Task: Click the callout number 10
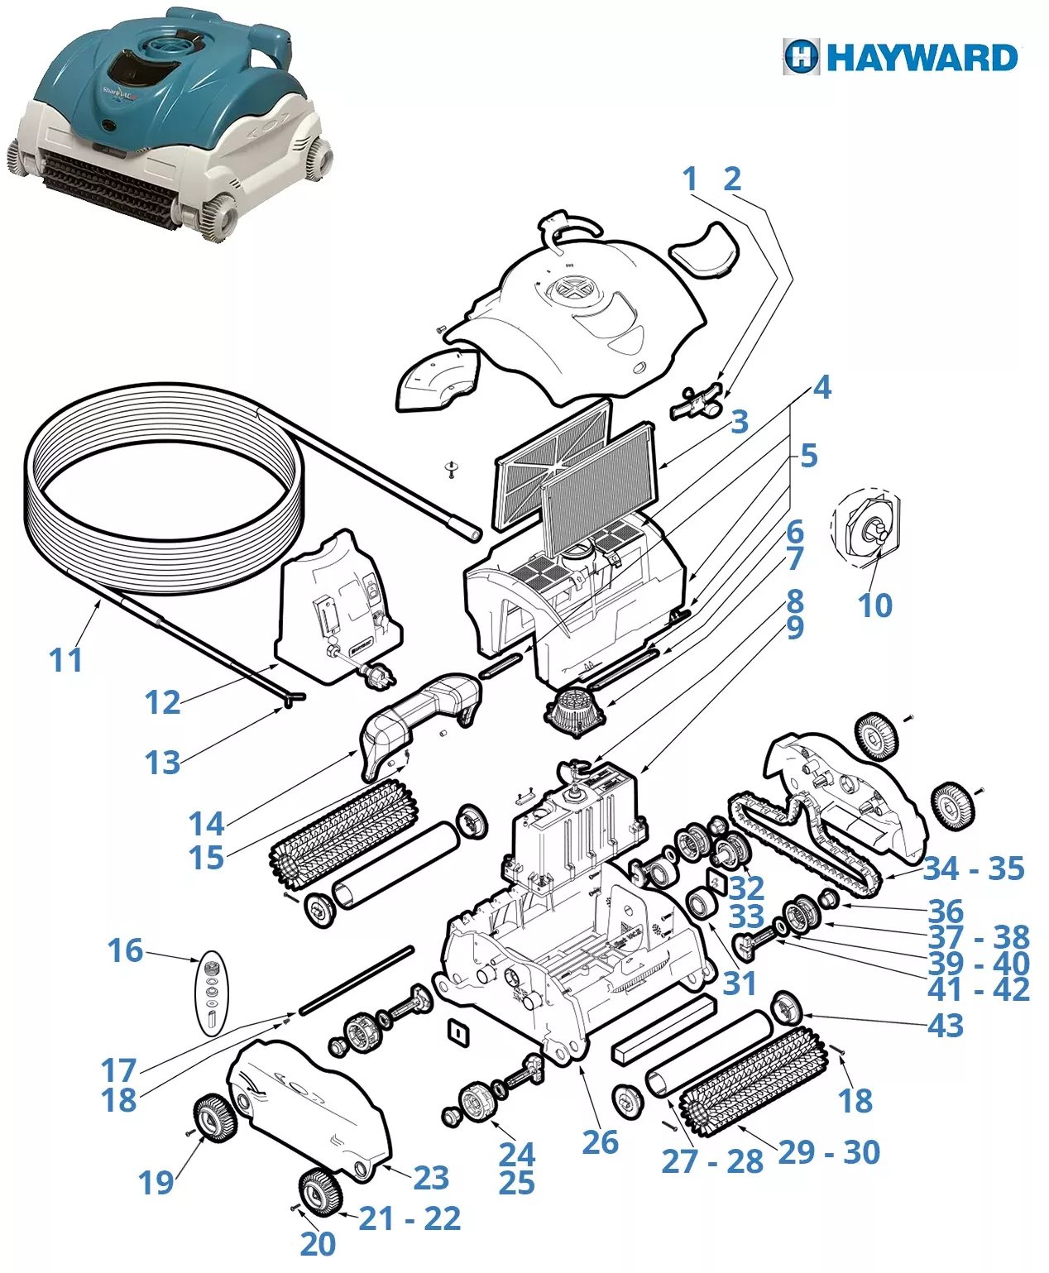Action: coord(874,605)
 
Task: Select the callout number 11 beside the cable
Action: coord(66,660)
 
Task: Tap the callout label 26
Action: coord(600,1142)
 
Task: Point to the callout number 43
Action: coord(946,1026)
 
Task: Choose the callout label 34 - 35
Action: coord(974,869)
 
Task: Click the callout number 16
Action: coord(126,951)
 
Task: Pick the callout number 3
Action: coord(739,422)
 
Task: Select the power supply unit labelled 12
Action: coord(339,612)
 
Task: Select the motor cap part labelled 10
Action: coord(867,529)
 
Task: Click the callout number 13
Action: coord(162,763)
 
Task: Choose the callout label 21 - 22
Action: coord(410,1218)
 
